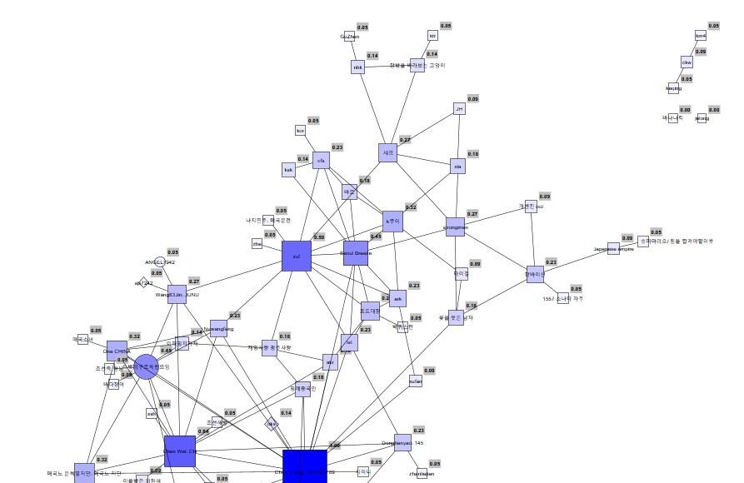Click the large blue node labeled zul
pyautogui.click(x=296, y=256)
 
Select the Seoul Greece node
pyautogui.click(x=356, y=253)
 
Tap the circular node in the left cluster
pyautogui.click(x=146, y=366)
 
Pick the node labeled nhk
pyautogui.click(x=358, y=67)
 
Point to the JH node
pyautogui.click(x=459, y=109)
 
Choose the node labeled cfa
pyautogui.click(x=322, y=161)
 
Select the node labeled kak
pyautogui.click(x=289, y=170)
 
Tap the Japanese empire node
pyautogui.click(x=613, y=248)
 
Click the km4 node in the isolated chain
pyautogui.click(x=701, y=36)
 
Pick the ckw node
pyautogui.click(x=687, y=62)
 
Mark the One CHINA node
pyautogui.click(x=117, y=351)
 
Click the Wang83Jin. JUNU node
pyautogui.click(x=177, y=294)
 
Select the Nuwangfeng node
pyautogui.click(x=218, y=328)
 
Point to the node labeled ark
pyautogui.click(x=398, y=298)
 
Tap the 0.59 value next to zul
pyautogui.click(x=319, y=237)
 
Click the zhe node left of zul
pyautogui.click(x=257, y=244)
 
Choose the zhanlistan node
pyautogui.click(x=422, y=474)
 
